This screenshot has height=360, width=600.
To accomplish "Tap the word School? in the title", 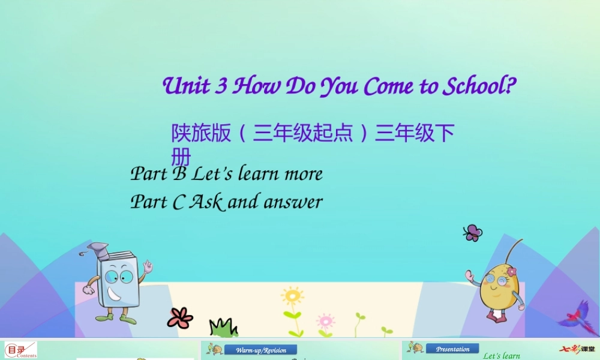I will [x=478, y=86].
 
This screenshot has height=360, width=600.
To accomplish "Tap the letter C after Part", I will [x=178, y=202].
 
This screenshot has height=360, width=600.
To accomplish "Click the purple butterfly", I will [x=472, y=233].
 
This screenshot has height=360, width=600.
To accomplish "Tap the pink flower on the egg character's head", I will [x=511, y=272].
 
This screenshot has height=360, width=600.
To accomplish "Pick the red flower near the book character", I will [x=179, y=317].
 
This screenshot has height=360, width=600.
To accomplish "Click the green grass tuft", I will [x=223, y=328].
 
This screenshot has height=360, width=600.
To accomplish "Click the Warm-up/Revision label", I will [x=260, y=350].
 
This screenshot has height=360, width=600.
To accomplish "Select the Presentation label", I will [x=452, y=349].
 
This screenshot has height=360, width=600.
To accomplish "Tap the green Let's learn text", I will [x=502, y=356].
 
